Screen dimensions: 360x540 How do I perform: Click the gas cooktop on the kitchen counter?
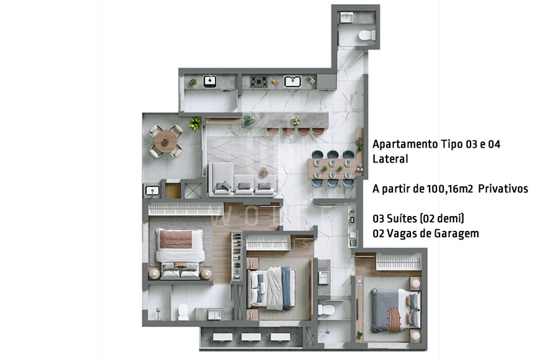point(260,81)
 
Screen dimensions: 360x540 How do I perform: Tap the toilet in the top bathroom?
point(365,35)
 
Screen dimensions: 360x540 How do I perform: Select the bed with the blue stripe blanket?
point(271,287)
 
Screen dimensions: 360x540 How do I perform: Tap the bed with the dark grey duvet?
point(395,306)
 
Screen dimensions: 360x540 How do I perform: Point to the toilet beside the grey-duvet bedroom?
point(328,308)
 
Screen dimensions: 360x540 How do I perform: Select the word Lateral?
point(390,159)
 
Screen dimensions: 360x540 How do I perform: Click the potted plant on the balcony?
point(195,123)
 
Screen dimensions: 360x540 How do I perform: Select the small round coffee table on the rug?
point(263,172)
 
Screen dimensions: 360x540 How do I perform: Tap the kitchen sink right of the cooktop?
point(292,81)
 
